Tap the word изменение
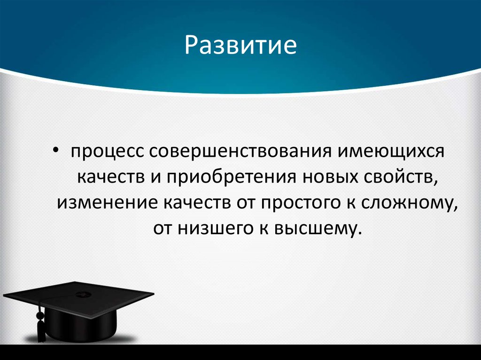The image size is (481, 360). click(107, 203)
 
